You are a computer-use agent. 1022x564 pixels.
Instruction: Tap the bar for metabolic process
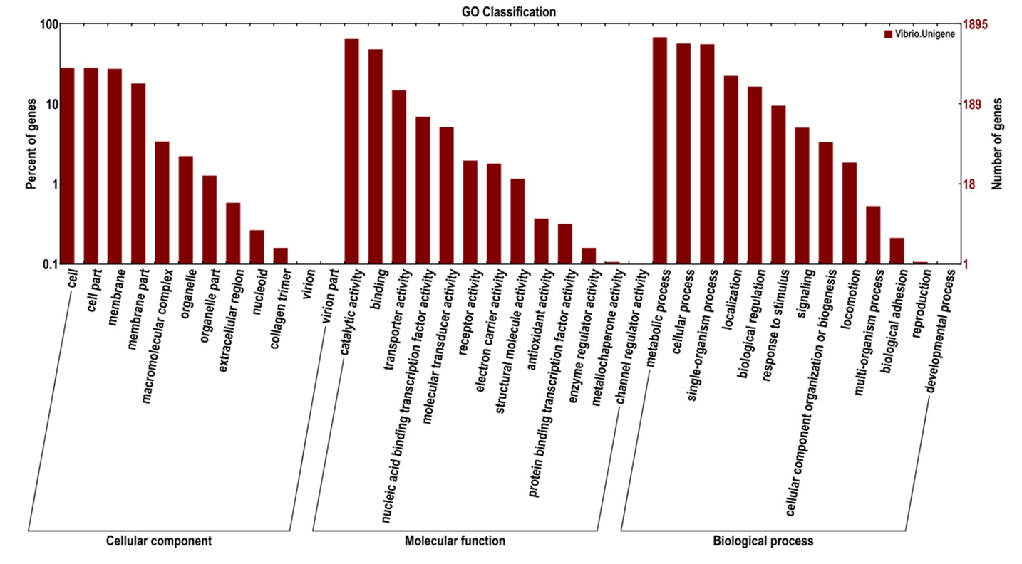pyautogui.click(x=659, y=150)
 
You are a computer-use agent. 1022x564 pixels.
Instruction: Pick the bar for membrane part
pyautogui.click(x=138, y=174)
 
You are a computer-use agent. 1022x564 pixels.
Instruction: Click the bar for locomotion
pyautogui.click(x=849, y=213)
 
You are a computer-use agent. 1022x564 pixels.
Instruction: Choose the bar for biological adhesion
pyautogui.click(x=897, y=251)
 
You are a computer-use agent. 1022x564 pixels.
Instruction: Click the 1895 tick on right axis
pyautogui.click(x=975, y=25)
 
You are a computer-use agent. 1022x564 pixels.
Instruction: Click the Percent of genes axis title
pyautogui.click(x=31, y=145)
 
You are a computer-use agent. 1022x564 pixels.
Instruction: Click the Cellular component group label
pyautogui.click(x=158, y=541)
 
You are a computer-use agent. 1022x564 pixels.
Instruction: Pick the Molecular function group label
pyautogui.click(x=455, y=541)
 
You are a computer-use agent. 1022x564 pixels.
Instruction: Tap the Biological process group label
pyautogui.click(x=763, y=541)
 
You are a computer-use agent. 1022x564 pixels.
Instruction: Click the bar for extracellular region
pyautogui.click(x=233, y=233)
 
